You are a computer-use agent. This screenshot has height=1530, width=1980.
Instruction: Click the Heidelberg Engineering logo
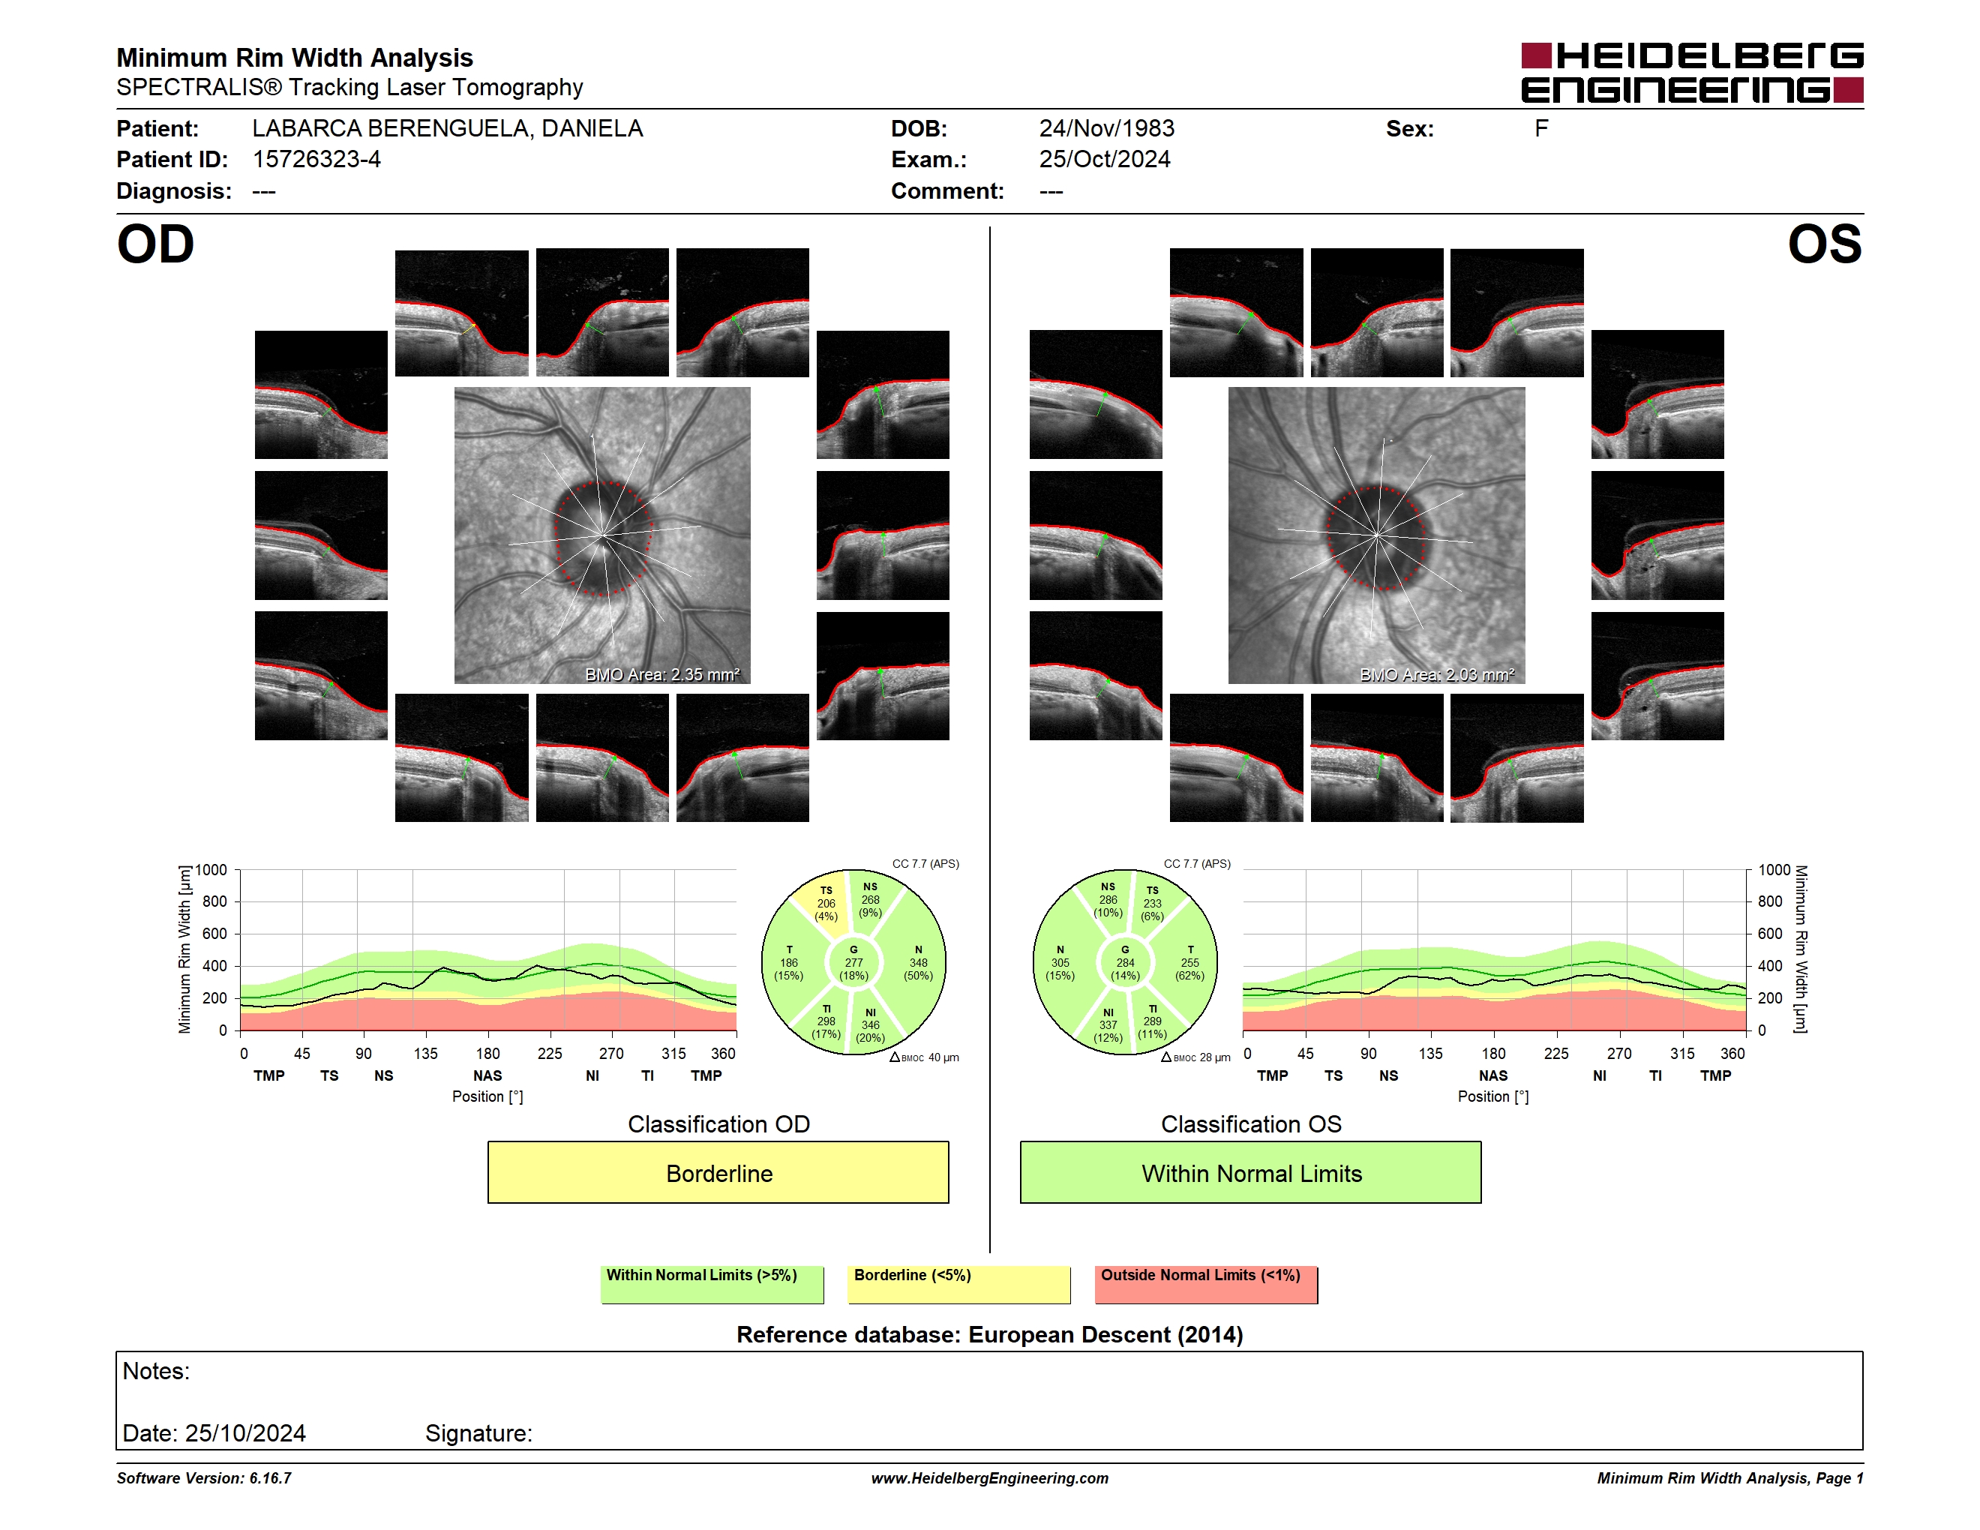click(1692, 73)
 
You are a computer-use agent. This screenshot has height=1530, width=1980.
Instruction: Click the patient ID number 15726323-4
click(316, 160)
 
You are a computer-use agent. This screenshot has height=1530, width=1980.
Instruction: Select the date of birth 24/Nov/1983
click(1106, 129)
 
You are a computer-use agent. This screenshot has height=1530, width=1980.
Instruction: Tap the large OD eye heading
click(156, 244)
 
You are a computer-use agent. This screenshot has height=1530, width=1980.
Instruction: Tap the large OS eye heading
click(1824, 244)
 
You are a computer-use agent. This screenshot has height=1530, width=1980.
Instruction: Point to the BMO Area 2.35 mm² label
click(661, 674)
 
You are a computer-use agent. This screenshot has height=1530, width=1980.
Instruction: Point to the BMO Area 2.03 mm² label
click(1437, 674)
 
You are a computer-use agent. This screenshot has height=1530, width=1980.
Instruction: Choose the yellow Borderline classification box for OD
click(718, 1172)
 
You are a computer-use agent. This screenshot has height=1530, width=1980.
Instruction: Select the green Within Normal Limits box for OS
click(1251, 1172)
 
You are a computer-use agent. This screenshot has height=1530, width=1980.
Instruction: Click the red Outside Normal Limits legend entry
click(1206, 1284)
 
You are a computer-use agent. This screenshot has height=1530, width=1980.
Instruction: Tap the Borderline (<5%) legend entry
click(959, 1284)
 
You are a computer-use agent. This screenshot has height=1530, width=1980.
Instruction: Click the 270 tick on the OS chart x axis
click(1619, 1053)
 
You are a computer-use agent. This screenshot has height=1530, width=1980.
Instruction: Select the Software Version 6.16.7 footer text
click(204, 1478)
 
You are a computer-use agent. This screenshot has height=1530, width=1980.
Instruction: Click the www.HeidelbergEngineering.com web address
click(990, 1478)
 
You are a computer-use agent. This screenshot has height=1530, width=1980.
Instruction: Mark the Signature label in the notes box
click(478, 1433)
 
